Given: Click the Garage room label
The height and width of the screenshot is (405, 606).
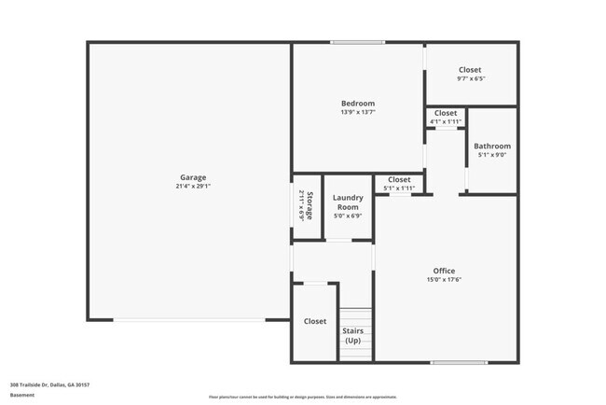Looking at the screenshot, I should point(193,177).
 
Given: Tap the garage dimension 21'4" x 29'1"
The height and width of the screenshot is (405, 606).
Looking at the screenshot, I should point(193,187).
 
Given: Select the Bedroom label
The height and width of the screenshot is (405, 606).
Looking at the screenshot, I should point(357,104).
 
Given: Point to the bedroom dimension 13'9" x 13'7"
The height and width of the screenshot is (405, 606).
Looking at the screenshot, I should point(357,113).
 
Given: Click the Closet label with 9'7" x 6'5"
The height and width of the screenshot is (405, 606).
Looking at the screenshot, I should point(470,70).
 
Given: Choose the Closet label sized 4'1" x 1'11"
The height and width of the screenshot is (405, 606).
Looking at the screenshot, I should point(446,113).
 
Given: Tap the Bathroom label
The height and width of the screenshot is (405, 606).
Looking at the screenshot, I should point(491,147).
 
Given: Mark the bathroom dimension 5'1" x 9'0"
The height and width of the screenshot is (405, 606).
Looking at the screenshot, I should point(491,156).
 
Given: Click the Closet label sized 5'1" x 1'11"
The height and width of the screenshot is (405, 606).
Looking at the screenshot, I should point(399,179).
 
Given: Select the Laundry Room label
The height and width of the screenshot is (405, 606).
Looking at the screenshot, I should point(348,202).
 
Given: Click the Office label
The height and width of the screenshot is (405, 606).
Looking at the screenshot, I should point(444,272).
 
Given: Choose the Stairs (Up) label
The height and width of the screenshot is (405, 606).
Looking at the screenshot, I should point(353,336).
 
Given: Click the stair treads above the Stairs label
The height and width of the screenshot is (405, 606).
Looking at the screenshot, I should point(354,315).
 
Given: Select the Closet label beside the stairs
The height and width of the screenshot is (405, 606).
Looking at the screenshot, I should point(315,322).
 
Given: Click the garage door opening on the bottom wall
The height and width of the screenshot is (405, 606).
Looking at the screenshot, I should point(189,320).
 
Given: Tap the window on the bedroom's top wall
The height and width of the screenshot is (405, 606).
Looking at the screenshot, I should point(357,42).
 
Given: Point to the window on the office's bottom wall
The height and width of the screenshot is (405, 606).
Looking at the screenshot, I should point(459,362).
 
